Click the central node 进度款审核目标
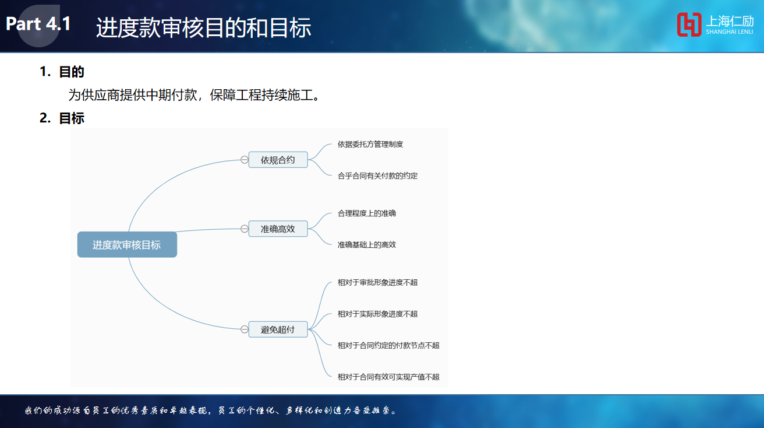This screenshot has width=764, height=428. coord(127,244)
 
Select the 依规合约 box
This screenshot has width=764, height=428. coord(278,160)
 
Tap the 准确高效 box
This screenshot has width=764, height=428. coord(278,229)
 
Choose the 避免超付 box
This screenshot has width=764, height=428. coord(278,329)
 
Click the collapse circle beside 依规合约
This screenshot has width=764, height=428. coord(244,160)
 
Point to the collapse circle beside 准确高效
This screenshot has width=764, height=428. coord(244,229)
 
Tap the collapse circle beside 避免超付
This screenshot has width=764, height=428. coord(244,329)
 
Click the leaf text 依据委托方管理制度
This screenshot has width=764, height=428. coord(370,144)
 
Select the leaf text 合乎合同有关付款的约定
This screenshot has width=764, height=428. coord(377,176)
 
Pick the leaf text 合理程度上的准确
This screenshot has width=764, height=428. coord(367,213)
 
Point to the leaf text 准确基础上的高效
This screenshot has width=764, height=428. coord(367,244)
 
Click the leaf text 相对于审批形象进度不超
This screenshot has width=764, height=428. coord(377,282)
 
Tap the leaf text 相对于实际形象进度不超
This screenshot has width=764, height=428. coord(377,314)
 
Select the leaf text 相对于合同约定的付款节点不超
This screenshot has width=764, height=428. coord(388,345)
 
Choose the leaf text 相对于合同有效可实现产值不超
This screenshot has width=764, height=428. coord(388,377)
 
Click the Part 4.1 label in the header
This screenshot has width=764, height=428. coord(38,24)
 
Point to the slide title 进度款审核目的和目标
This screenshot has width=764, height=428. coord(204,27)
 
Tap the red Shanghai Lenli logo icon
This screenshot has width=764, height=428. coord(689,24)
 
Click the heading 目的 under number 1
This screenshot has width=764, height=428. coord(72,72)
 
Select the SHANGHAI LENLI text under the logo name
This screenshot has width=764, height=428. coord(730,31)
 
